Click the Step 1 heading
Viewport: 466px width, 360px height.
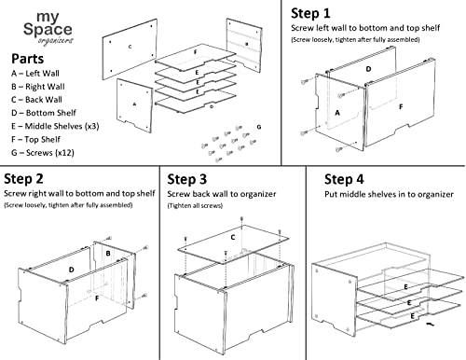[x=310, y=13]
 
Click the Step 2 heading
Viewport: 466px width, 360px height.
[x=23, y=179]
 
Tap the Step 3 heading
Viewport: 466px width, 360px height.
[x=186, y=179]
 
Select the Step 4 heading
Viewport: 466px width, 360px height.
[x=344, y=179]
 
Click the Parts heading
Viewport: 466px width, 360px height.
[x=28, y=59]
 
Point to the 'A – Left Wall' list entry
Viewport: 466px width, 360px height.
[x=35, y=74]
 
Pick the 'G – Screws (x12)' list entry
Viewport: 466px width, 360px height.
[x=43, y=153]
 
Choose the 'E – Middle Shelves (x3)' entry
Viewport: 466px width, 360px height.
[x=55, y=126]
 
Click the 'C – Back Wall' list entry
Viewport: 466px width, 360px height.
[x=36, y=100]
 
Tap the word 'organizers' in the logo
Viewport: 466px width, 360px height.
[x=56, y=41]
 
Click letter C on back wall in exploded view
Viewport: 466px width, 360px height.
[x=130, y=47]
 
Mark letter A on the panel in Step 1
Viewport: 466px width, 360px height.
[x=337, y=113]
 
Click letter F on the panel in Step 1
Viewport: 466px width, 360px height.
[x=401, y=107]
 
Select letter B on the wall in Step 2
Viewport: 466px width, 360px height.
[x=108, y=254]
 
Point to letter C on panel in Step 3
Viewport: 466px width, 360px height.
[x=233, y=238]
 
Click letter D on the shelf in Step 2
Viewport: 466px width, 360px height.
[x=72, y=270]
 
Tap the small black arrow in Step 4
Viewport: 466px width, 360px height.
[x=431, y=325]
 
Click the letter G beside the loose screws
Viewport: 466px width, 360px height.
[x=259, y=127]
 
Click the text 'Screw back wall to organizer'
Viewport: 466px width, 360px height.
[x=222, y=194]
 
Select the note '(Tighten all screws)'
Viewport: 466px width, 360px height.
[x=195, y=205]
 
